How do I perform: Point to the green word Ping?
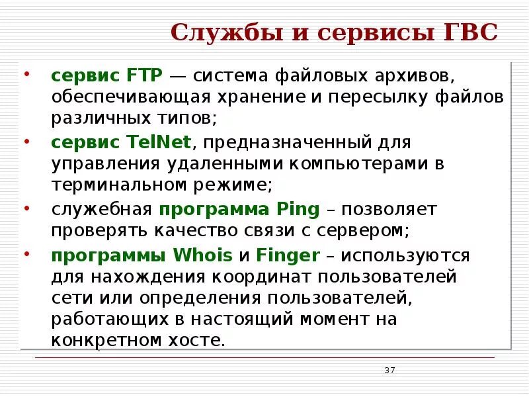click(x=296, y=210)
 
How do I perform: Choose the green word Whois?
click(x=202, y=255)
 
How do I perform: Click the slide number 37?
click(x=389, y=370)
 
